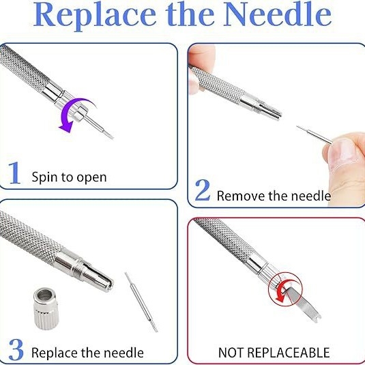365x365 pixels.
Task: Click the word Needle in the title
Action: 277,14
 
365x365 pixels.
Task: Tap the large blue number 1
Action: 14,173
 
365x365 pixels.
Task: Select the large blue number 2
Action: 203,190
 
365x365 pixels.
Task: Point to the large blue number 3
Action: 16,349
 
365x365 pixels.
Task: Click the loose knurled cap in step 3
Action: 46,308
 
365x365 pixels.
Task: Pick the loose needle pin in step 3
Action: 141,302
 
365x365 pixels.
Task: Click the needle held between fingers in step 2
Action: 315,135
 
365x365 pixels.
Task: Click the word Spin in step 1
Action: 45,177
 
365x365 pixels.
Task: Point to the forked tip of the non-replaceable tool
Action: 317,319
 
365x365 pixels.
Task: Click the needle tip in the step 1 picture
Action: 112,138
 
